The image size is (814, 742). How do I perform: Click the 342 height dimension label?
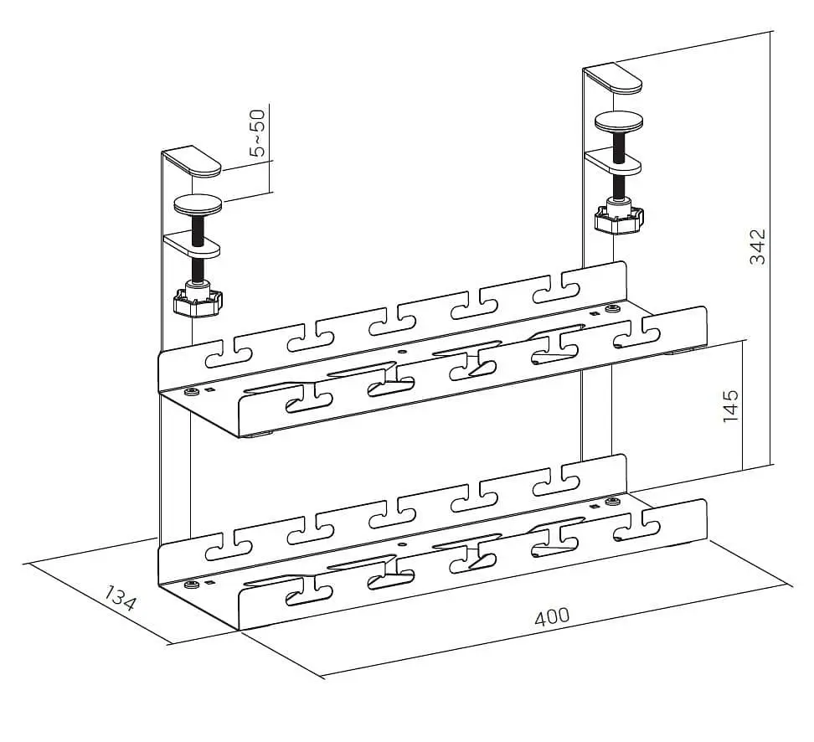pyautogui.click(x=758, y=247)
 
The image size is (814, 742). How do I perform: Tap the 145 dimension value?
pyautogui.click(x=730, y=405)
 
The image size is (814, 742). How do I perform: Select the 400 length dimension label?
pyautogui.click(x=552, y=617)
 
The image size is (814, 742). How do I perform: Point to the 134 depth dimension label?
pyautogui.click(x=121, y=598)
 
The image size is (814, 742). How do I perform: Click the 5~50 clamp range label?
pyautogui.click(x=257, y=133)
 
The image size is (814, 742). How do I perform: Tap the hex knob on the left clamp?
pyautogui.click(x=198, y=301)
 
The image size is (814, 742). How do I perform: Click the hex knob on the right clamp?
pyautogui.click(x=619, y=219)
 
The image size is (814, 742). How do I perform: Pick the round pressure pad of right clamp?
pyautogui.click(x=619, y=122)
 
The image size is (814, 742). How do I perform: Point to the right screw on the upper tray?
pyautogui.click(x=612, y=310)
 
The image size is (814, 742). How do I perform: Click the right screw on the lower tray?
pyautogui.click(x=612, y=502)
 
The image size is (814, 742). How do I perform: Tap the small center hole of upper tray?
pyautogui.click(x=402, y=352)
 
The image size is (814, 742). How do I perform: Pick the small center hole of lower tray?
pyautogui.click(x=402, y=544)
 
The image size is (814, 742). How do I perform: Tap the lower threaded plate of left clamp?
pyautogui.click(x=193, y=245)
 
